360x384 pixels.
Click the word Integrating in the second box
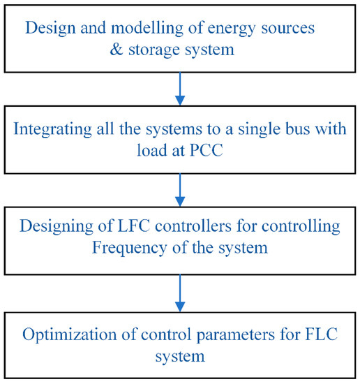click(x=54, y=130)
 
